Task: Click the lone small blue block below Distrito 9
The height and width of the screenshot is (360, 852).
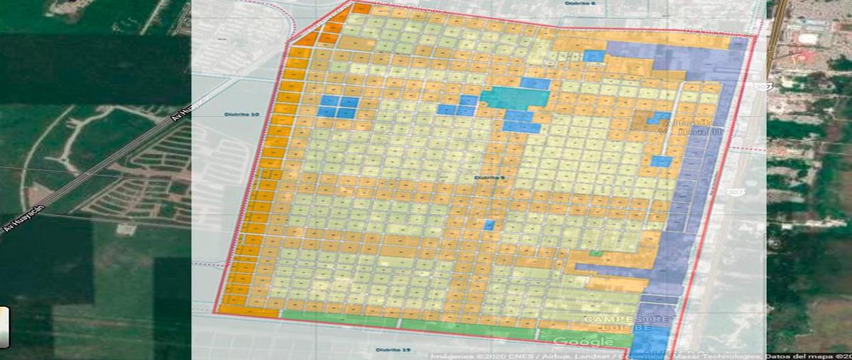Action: tap(488, 225)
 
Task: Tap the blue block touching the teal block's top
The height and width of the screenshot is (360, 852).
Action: tap(535, 84)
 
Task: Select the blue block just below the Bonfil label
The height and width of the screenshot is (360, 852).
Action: tap(661, 161)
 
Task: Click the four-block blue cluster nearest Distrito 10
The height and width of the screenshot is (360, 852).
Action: tap(338, 107)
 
